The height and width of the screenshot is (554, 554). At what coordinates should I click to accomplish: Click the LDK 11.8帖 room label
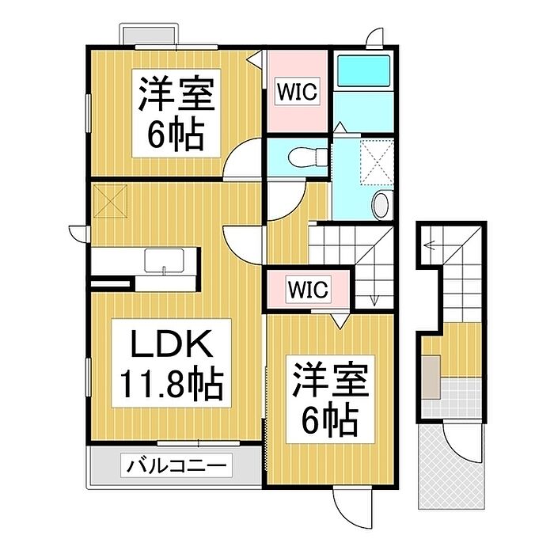[171, 363]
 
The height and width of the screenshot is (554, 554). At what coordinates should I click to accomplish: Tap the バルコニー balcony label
[176, 465]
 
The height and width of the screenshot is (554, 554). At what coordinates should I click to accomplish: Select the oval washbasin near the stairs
[382, 205]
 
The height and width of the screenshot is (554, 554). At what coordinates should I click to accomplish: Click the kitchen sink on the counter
[165, 260]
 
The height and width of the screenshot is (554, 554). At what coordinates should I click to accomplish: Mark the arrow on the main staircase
[374, 293]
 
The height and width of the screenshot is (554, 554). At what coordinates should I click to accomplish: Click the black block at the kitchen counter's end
[110, 279]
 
